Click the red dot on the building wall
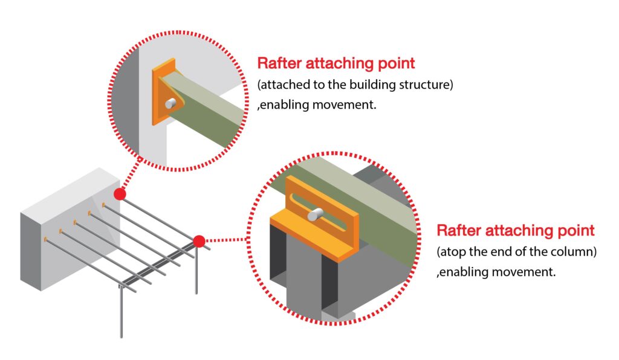[x=120, y=194]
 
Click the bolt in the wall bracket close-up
[x=172, y=104]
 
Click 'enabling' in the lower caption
[x=464, y=272]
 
